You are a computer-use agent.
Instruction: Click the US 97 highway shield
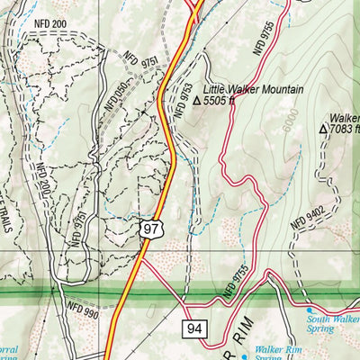point(150,230)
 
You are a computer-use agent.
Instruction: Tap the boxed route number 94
point(194,329)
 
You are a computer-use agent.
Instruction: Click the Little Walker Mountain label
point(254,90)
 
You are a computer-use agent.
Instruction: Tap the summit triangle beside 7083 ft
point(324,130)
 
